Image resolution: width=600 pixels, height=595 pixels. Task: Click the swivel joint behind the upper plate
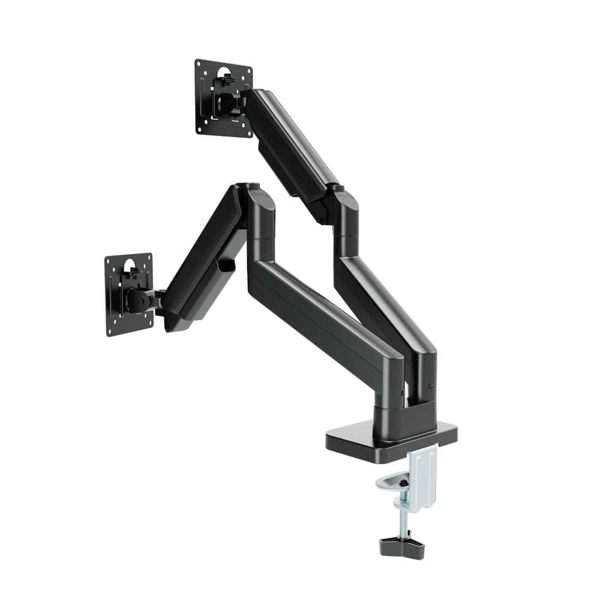(231, 102)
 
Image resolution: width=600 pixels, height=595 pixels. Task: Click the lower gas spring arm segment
(201, 258)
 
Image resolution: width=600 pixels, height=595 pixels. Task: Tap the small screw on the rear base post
(431, 383)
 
